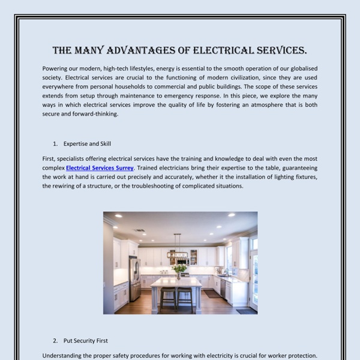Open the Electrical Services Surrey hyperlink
[100, 168]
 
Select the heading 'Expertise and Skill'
[88, 144]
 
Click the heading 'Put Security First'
[86, 341]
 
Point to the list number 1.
[55, 144]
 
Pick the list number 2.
[55, 341]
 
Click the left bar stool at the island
[168, 298]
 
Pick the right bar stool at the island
[186, 298]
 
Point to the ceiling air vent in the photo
[140, 230]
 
